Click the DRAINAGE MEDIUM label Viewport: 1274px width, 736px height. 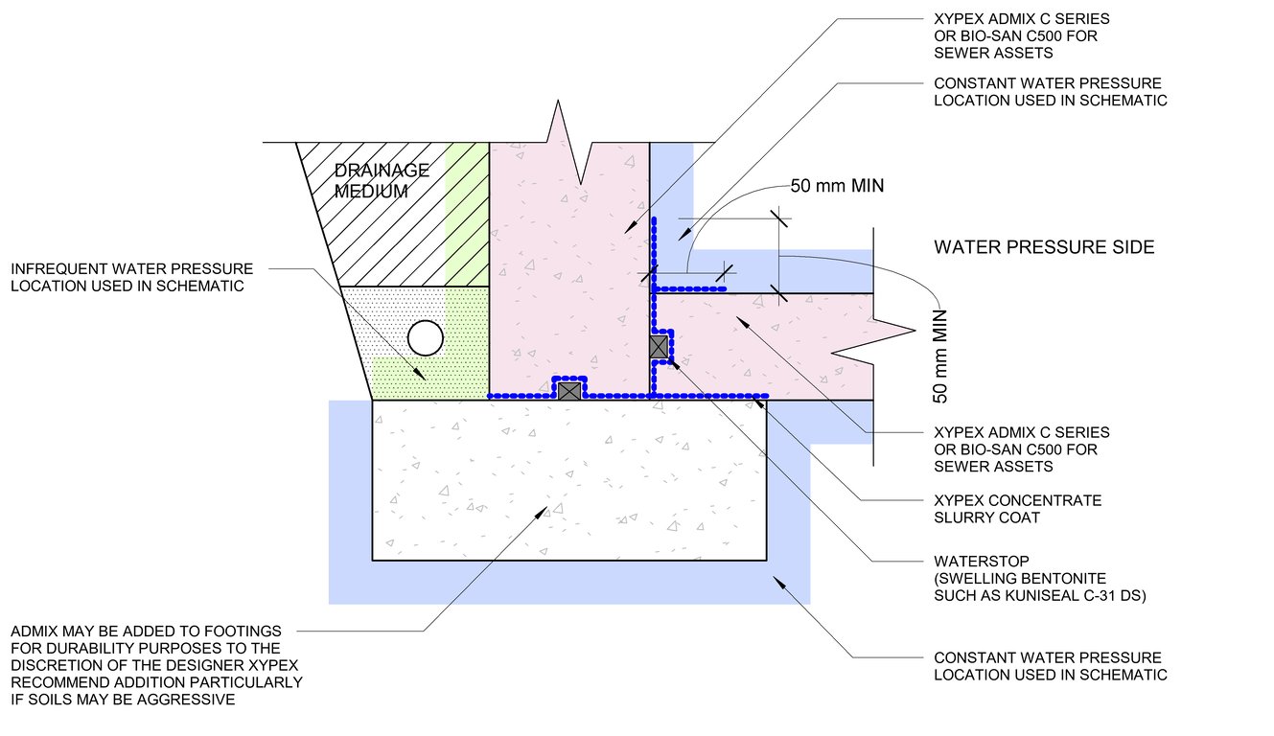[x=382, y=180]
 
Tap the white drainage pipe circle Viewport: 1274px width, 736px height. [x=425, y=338]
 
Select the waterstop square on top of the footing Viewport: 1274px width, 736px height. [x=569, y=390]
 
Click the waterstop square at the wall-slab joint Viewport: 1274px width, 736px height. [x=659, y=347]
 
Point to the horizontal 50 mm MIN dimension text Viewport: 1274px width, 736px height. [x=836, y=186]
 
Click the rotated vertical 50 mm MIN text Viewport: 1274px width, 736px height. [x=940, y=355]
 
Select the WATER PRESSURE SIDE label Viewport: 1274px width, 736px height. [x=1044, y=247]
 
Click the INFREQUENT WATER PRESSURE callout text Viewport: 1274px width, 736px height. [x=132, y=277]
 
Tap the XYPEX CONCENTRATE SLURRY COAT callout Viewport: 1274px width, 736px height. [x=1017, y=509]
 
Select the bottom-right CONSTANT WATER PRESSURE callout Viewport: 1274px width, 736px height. [x=1050, y=666]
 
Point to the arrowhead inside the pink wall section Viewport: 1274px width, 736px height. [x=631, y=228]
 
